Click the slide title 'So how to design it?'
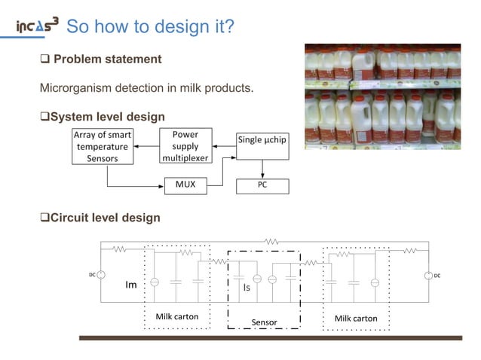tap(151, 27)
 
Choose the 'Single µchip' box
tap(262, 139)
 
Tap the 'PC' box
tap(262, 185)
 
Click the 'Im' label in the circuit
tap(130, 285)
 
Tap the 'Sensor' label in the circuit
tap(264, 322)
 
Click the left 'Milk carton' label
tap(177, 316)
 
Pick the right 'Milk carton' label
tap(356, 318)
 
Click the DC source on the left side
tap(100, 276)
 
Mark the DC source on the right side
tap(429, 276)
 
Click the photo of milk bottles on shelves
tap(382, 96)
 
